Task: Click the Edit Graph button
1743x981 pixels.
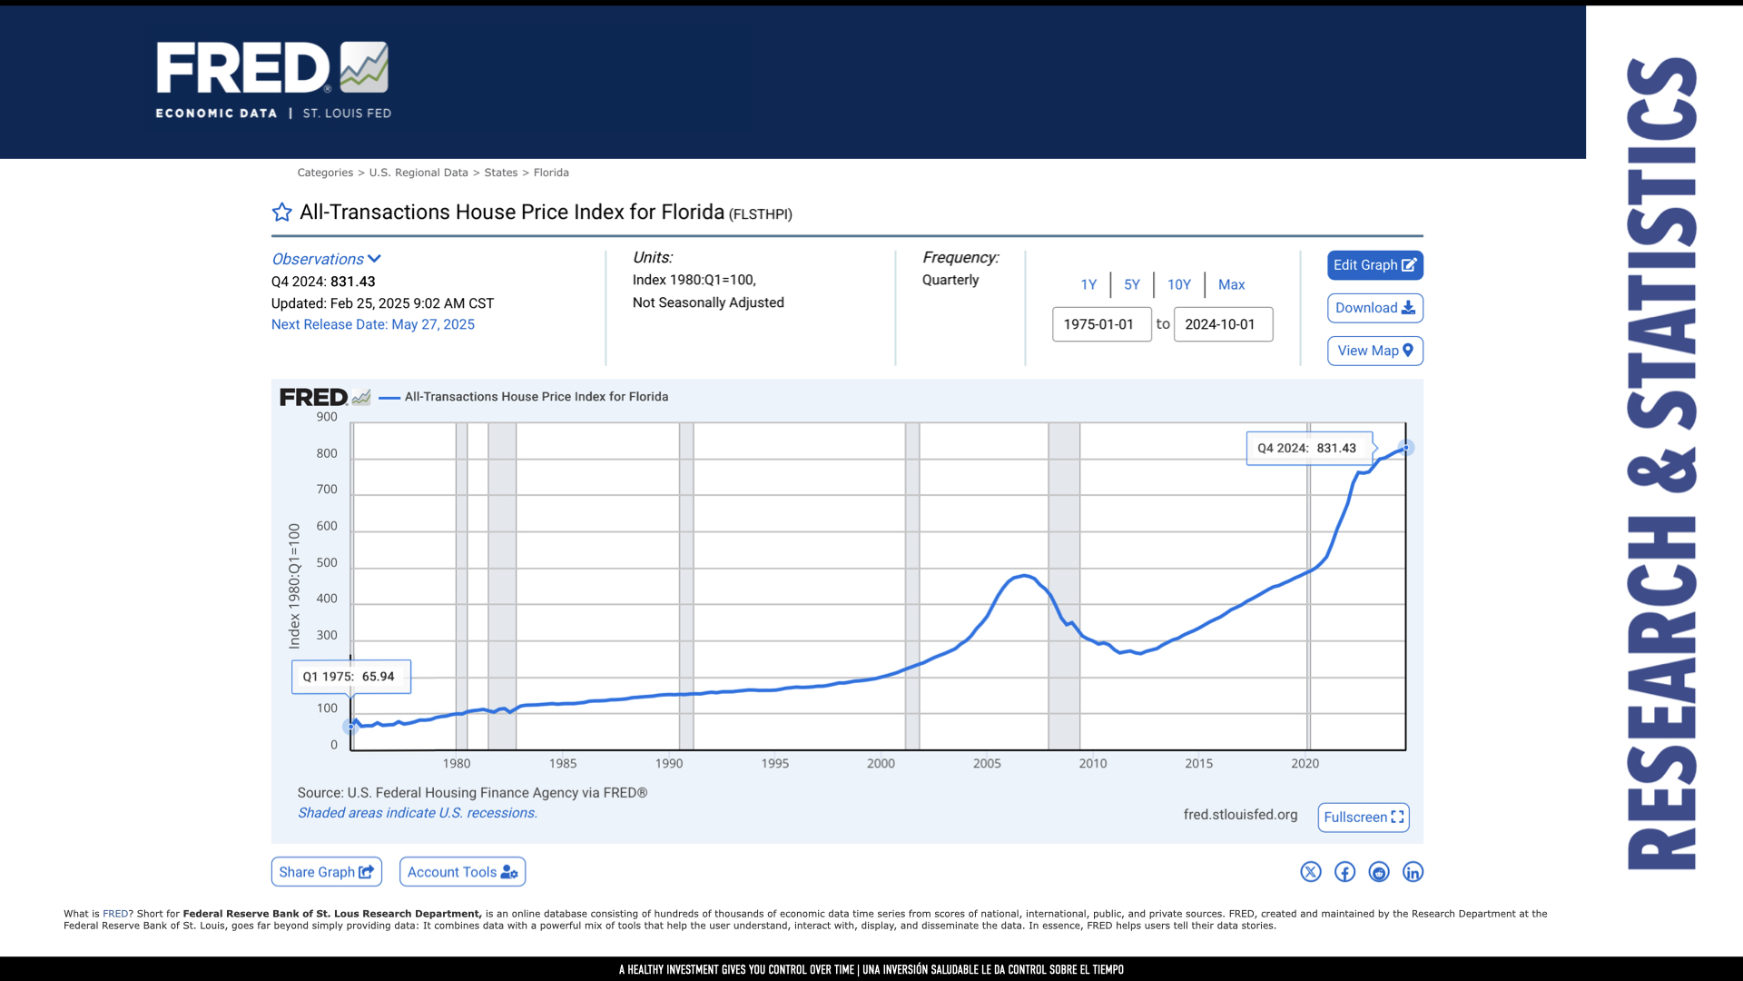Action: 1374,265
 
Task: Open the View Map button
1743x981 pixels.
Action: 1374,351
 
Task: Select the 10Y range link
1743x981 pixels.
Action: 1178,284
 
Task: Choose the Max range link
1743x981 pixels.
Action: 1231,284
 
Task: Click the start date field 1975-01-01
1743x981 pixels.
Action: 1101,324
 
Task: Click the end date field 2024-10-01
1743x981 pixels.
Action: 1223,324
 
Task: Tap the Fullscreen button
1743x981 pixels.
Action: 1364,817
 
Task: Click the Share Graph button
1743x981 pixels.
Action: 326,872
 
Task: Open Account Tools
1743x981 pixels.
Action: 462,872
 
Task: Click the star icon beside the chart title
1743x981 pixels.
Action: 282,213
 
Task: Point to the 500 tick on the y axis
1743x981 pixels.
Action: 327,562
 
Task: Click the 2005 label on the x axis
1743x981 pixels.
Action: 987,763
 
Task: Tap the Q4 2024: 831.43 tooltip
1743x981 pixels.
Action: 1309,448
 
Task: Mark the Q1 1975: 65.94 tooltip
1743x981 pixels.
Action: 350,677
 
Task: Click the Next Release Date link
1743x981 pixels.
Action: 372,324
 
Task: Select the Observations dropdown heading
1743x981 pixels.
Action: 326,259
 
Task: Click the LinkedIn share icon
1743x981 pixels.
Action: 1413,872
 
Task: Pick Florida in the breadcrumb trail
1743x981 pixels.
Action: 551,173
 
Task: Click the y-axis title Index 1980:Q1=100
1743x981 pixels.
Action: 294,586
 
